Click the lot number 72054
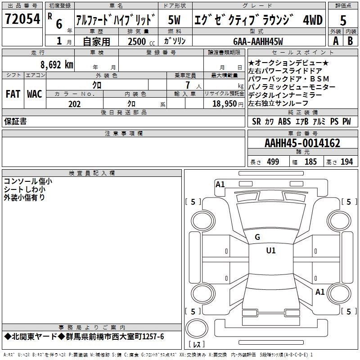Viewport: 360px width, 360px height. [22, 19]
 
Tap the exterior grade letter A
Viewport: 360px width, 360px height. [335, 40]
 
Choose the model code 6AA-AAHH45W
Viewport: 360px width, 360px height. [259, 41]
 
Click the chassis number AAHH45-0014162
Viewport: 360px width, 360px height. [302, 144]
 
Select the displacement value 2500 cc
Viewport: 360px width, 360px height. [140, 41]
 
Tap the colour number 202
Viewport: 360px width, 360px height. [74, 104]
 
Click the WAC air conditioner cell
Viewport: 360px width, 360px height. [34, 94]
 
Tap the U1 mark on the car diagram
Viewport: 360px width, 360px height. [271, 250]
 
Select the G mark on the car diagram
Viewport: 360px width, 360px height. [257, 237]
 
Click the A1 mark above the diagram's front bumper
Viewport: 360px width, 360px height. [220, 184]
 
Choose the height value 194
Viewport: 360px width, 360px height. [346, 162]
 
